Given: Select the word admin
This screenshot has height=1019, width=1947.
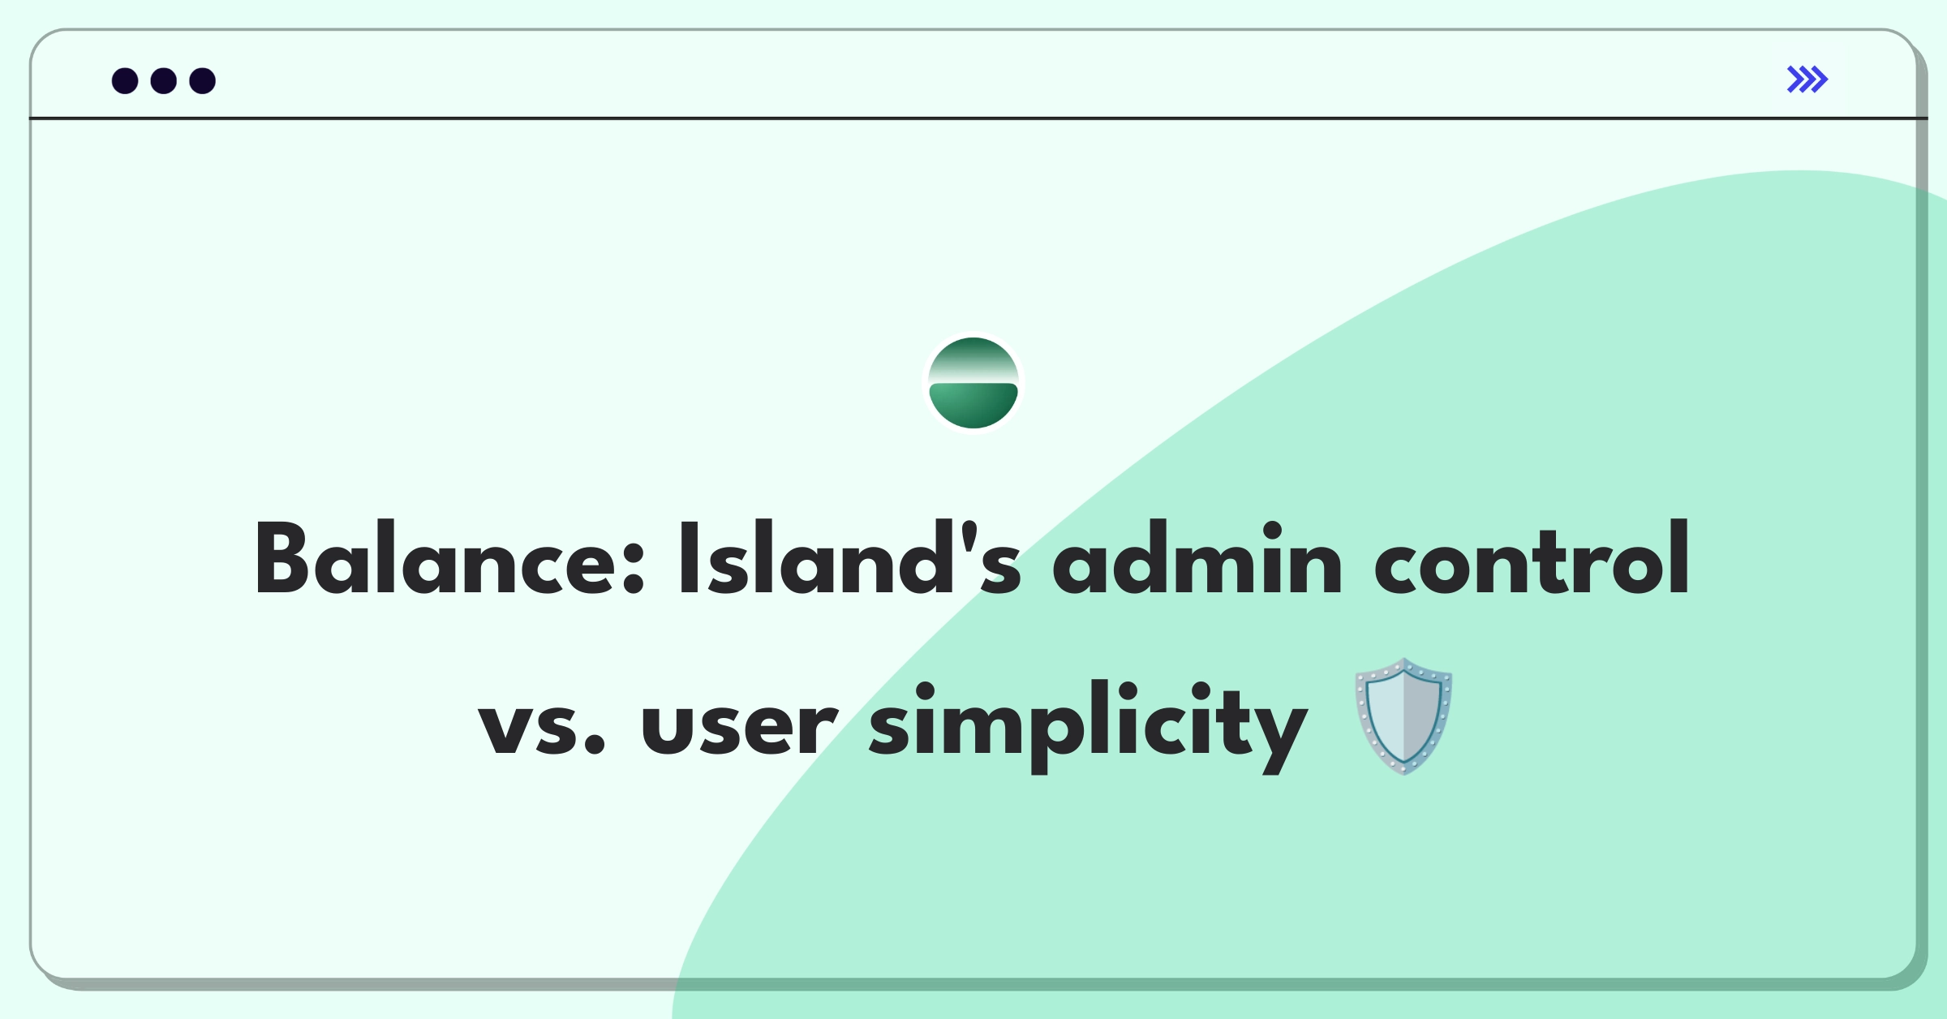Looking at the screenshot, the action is click(x=1197, y=558).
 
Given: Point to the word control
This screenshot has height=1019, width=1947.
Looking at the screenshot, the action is click(x=1532, y=558).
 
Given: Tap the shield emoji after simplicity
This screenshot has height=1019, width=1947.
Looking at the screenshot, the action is click(x=1404, y=717).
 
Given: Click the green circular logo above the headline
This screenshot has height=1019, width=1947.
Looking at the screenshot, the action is click(x=973, y=382).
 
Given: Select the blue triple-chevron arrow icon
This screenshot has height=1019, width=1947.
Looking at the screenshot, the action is click(x=1807, y=80).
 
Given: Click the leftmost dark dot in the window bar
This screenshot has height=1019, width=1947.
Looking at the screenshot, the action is click(x=125, y=80).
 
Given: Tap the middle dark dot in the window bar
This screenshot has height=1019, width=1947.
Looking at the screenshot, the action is click(x=164, y=80).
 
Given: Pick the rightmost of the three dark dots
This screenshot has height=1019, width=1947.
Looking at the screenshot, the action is click(x=203, y=80).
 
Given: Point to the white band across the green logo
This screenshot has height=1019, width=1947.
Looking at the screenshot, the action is click(x=973, y=374).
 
